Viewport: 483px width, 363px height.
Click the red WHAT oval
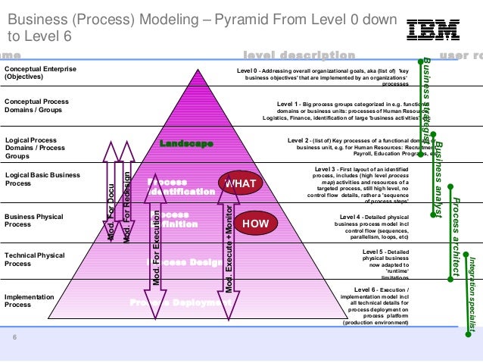point(240,183)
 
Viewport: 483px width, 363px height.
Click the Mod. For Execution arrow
point(156,243)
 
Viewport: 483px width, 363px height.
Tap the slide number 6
point(14,338)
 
